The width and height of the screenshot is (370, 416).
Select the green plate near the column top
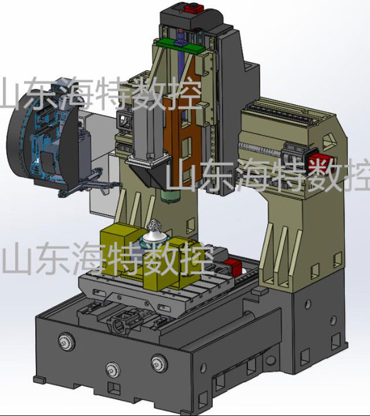(181, 46)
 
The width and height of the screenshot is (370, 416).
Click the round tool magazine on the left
(43, 136)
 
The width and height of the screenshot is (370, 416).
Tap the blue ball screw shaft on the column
(181, 57)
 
